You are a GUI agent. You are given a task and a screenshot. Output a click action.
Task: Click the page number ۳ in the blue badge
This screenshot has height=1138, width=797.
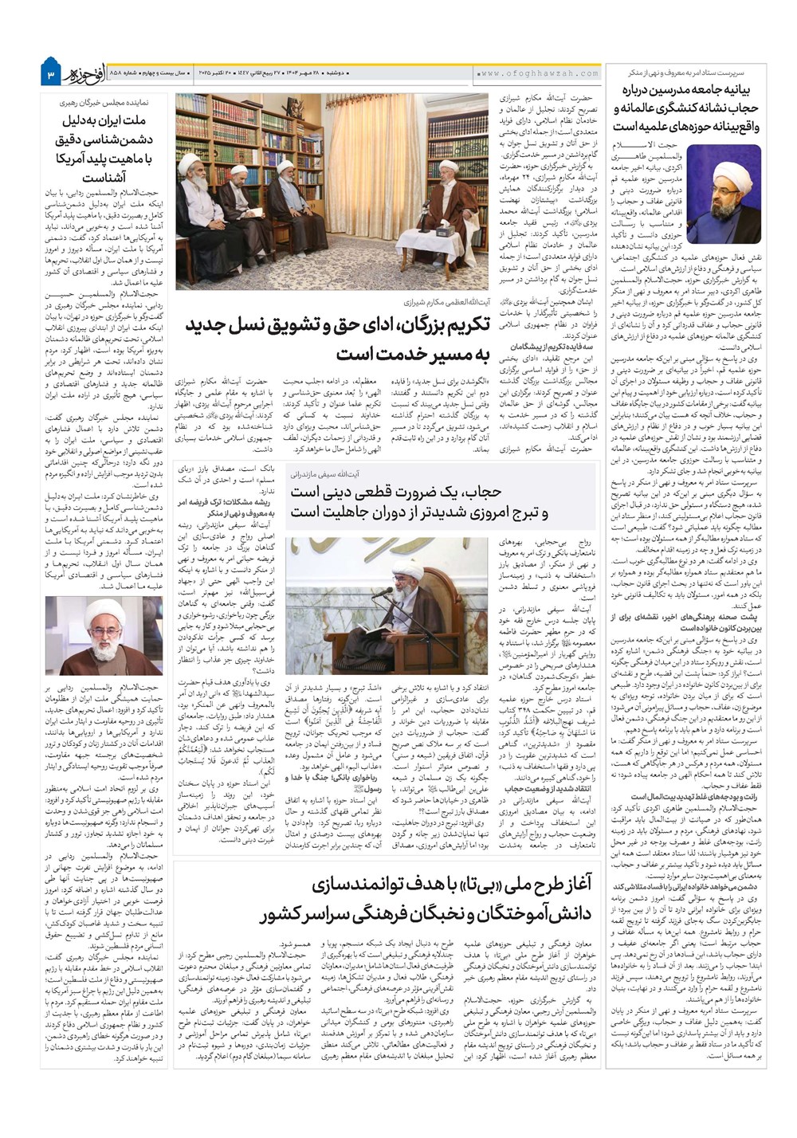[49, 74]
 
